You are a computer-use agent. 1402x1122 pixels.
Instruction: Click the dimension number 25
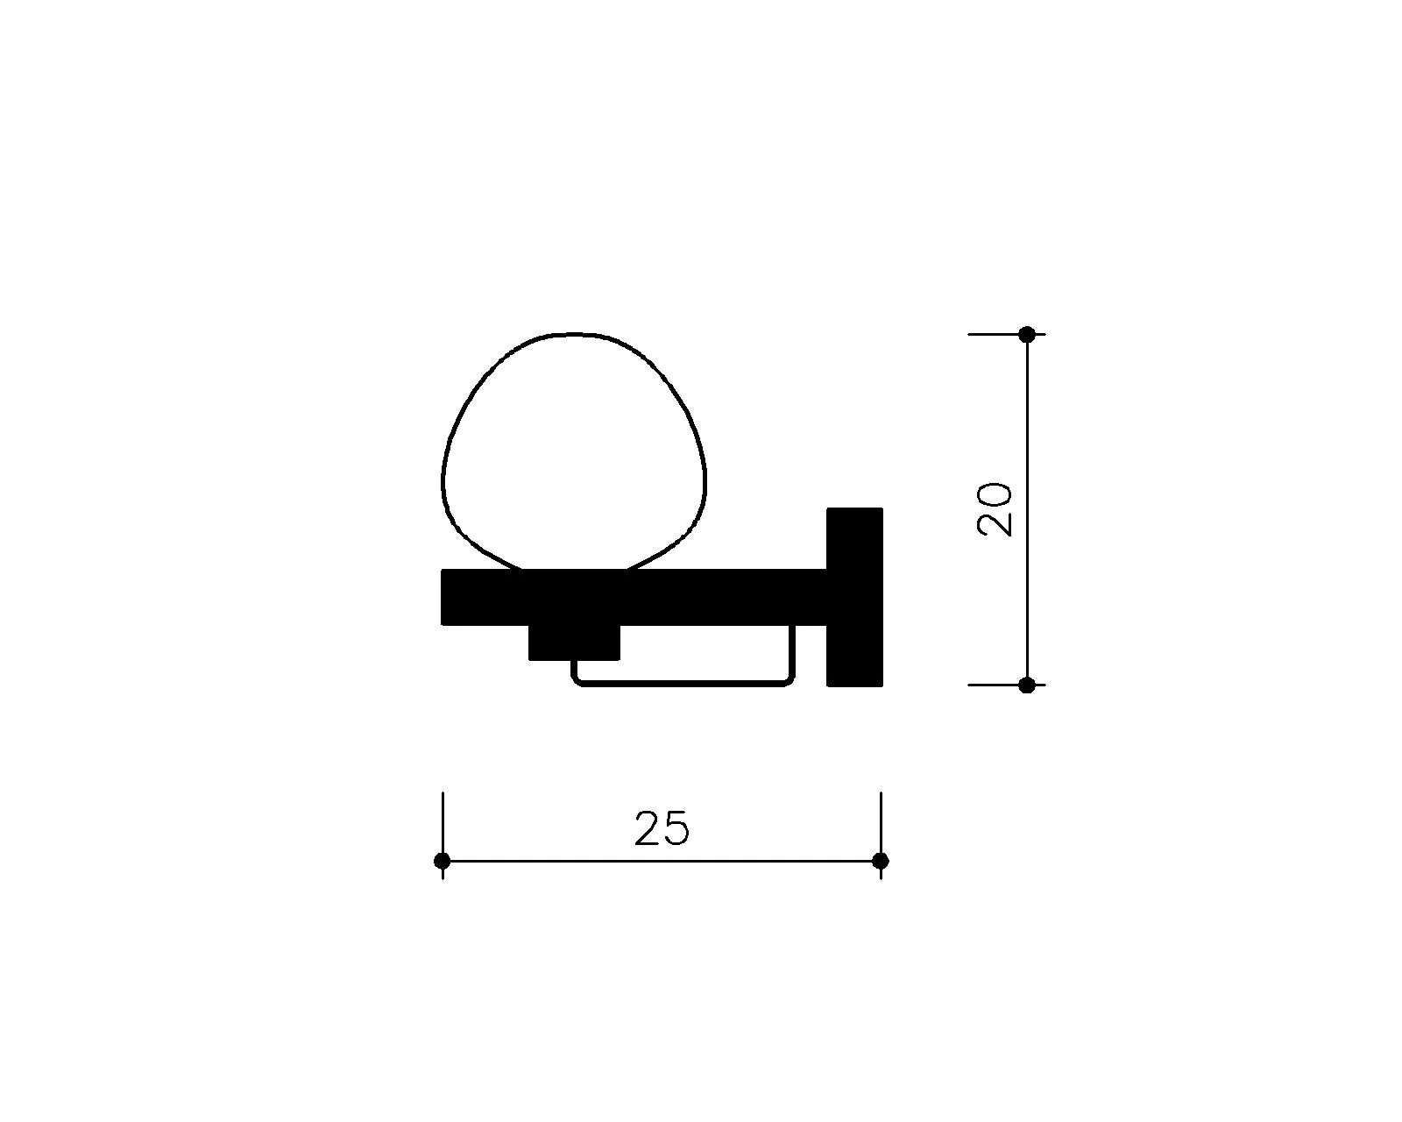tap(662, 828)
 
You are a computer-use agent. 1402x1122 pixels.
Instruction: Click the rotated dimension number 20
tap(995, 509)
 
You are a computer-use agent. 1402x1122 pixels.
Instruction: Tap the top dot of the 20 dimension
tap(1027, 335)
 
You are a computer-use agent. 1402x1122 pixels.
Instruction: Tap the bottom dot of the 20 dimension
tap(1027, 685)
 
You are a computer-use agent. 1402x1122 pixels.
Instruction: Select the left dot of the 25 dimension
tap(442, 861)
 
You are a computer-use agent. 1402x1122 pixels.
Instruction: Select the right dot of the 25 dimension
tap(880, 861)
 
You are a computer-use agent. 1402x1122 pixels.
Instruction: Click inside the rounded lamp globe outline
tap(573, 457)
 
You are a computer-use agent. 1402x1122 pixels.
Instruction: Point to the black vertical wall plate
tap(854, 597)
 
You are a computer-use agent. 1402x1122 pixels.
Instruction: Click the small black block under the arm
tap(574, 643)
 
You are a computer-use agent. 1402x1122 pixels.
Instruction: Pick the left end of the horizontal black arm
tap(443, 597)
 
